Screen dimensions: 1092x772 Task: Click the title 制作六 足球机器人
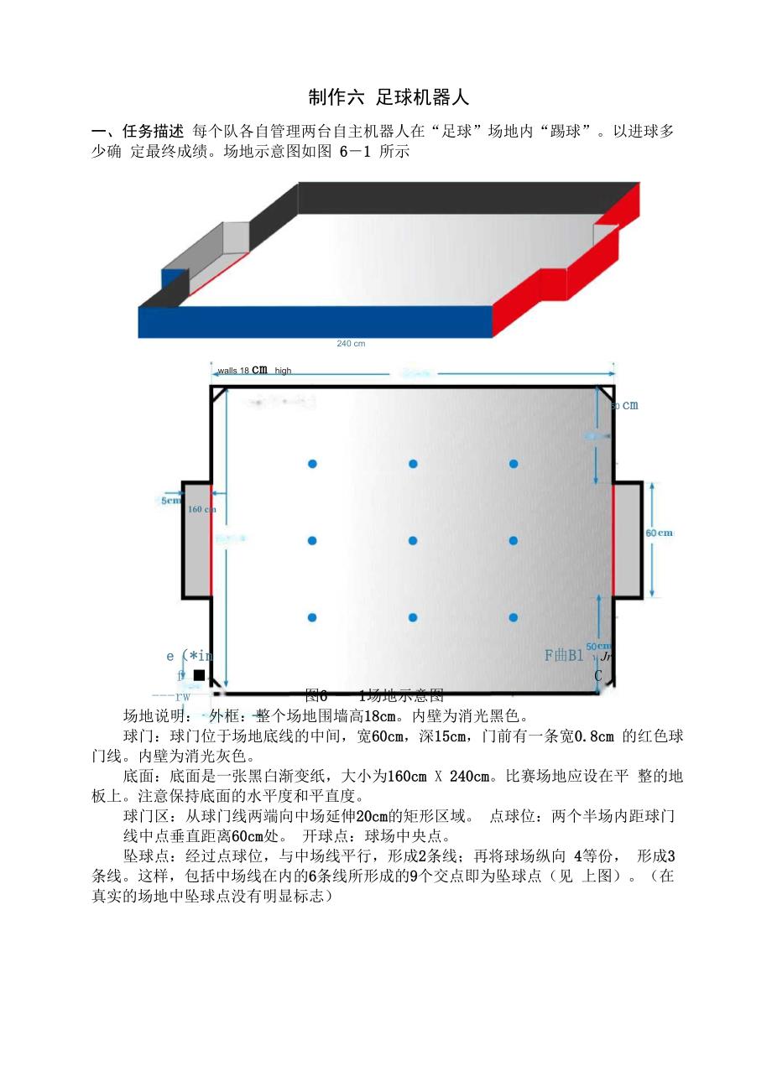click(x=388, y=97)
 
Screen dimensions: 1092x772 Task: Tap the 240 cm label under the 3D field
click(x=351, y=343)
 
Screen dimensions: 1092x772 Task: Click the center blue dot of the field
click(x=413, y=541)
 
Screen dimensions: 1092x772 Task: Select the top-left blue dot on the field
click(x=312, y=464)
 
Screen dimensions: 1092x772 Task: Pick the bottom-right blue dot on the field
click(x=514, y=618)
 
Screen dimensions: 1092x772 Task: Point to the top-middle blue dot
click(x=413, y=464)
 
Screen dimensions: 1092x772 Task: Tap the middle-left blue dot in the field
click(x=312, y=541)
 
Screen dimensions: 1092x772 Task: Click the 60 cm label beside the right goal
click(x=659, y=533)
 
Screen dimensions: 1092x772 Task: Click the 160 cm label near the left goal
click(x=201, y=509)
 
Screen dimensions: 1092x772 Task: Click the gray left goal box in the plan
click(x=196, y=540)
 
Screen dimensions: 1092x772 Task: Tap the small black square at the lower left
click(x=199, y=675)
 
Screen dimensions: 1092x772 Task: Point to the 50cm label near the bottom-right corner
click(x=598, y=646)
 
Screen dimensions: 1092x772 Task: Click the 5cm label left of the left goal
click(x=171, y=501)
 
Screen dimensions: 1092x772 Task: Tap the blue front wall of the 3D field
click(x=315, y=322)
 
